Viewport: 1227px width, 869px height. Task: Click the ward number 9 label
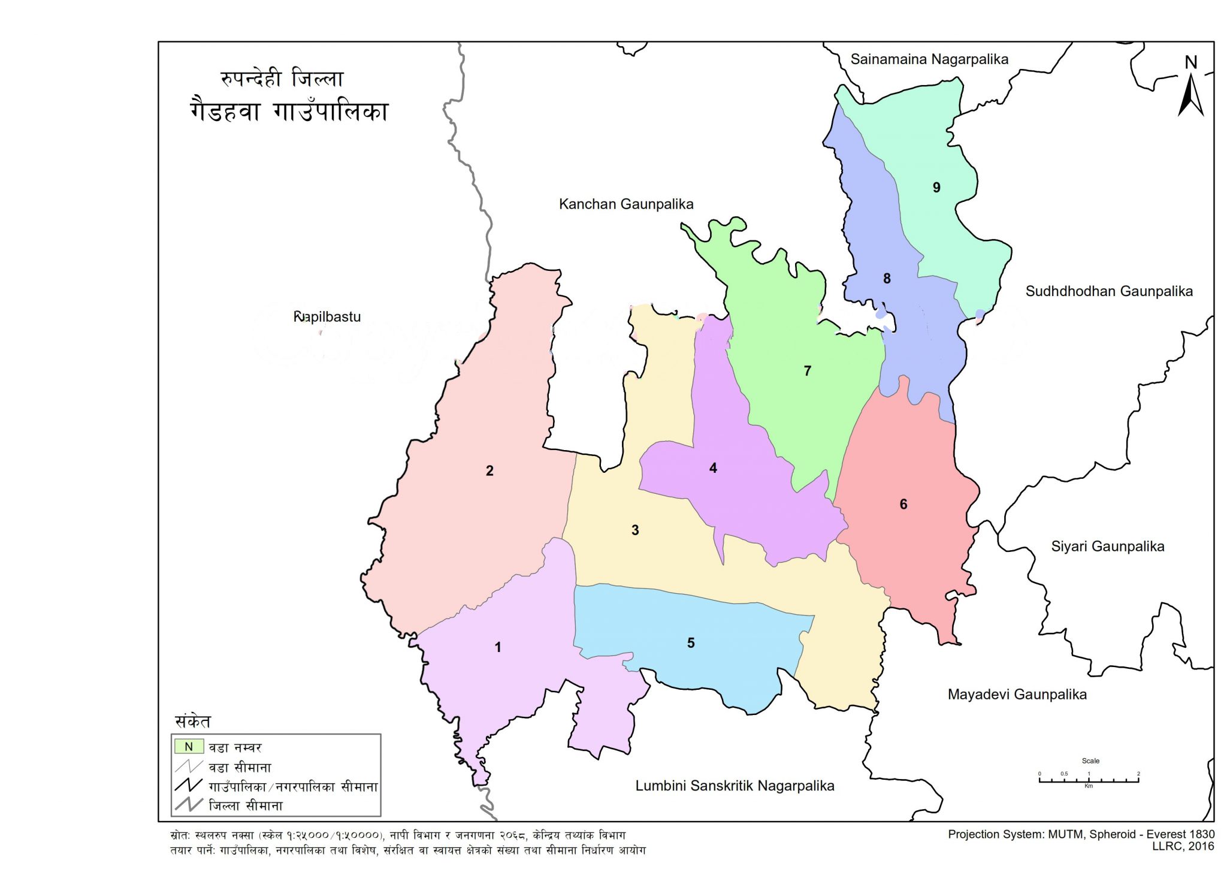pyautogui.click(x=936, y=188)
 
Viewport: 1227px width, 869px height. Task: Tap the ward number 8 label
pyautogui.click(x=887, y=279)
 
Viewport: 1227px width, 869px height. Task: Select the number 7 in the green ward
pyautogui.click(x=808, y=371)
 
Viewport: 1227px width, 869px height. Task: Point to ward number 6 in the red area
pyautogui.click(x=903, y=505)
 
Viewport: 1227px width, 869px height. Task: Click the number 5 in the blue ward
pyautogui.click(x=691, y=643)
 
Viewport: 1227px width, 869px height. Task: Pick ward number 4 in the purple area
pyautogui.click(x=713, y=468)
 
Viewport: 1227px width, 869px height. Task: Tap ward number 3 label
pyautogui.click(x=635, y=530)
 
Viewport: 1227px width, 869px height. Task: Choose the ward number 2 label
pyautogui.click(x=489, y=471)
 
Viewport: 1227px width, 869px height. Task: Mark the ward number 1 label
pyautogui.click(x=498, y=647)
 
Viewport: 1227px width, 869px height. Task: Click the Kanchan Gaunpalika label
pyautogui.click(x=626, y=204)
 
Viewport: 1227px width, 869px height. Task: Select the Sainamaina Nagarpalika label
pyautogui.click(x=929, y=59)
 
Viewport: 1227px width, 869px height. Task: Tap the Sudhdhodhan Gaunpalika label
pyautogui.click(x=1109, y=292)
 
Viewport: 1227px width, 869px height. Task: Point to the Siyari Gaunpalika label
pyautogui.click(x=1108, y=547)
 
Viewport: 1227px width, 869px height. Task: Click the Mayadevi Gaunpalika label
pyautogui.click(x=1017, y=695)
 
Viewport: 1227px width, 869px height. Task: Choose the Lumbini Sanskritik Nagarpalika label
pyautogui.click(x=735, y=786)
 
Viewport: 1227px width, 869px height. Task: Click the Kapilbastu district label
pyautogui.click(x=327, y=316)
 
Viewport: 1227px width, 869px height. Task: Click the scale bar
pyautogui.click(x=1089, y=780)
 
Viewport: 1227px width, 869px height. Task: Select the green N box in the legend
pyautogui.click(x=189, y=747)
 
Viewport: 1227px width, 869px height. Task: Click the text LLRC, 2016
pyautogui.click(x=1183, y=846)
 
